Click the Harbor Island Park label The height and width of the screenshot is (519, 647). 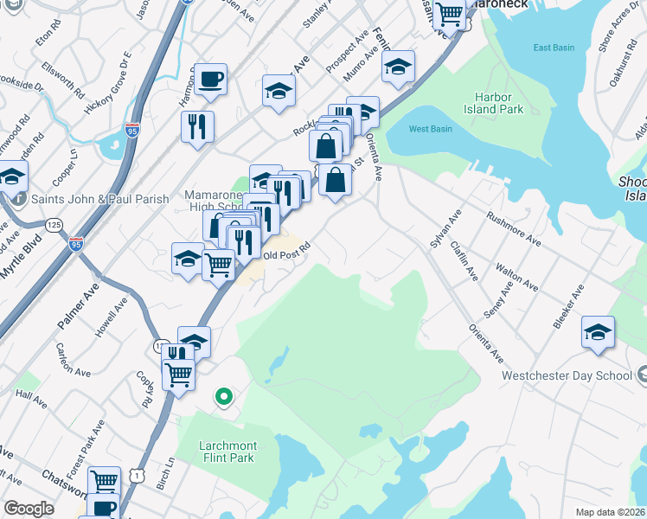click(498, 103)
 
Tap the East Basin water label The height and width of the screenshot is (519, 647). click(554, 48)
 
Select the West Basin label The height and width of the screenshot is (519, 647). click(430, 129)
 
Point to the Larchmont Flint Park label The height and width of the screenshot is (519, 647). click(227, 452)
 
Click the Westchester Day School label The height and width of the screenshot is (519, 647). click(567, 376)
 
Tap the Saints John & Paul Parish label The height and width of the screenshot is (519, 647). click(100, 199)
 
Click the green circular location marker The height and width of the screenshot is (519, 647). click(223, 397)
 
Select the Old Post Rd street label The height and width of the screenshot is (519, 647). click(285, 256)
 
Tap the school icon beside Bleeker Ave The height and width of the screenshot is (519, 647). click(598, 333)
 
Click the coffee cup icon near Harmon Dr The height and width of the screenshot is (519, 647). click(209, 80)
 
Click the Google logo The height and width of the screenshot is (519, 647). click(29, 509)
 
